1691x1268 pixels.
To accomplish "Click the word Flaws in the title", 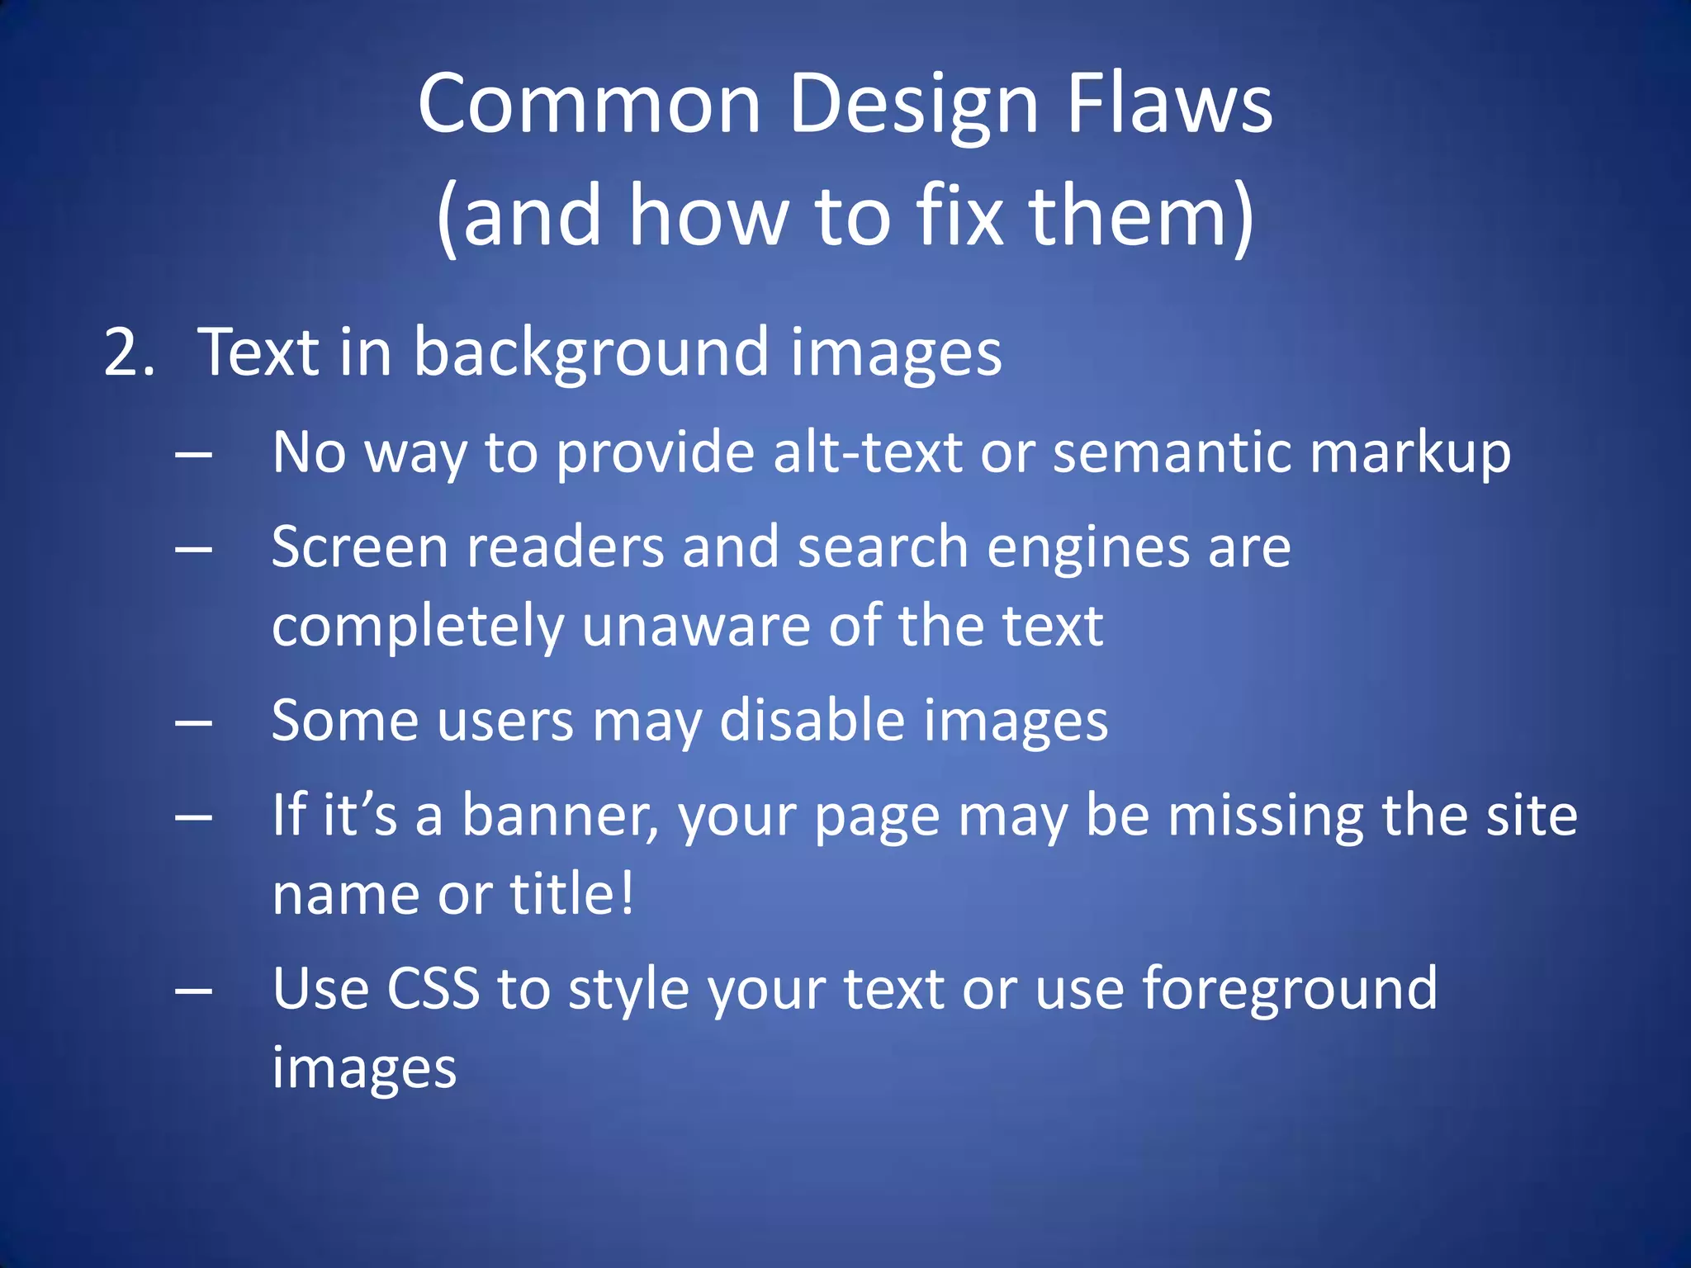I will pos(1169,104).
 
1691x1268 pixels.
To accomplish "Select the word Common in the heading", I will pos(589,104).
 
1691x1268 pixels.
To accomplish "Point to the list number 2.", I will pos(129,352).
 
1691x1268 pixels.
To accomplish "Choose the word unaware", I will pos(696,626).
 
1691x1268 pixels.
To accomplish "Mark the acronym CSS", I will pos(433,988).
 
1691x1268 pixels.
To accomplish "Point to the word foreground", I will pos(1290,990).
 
